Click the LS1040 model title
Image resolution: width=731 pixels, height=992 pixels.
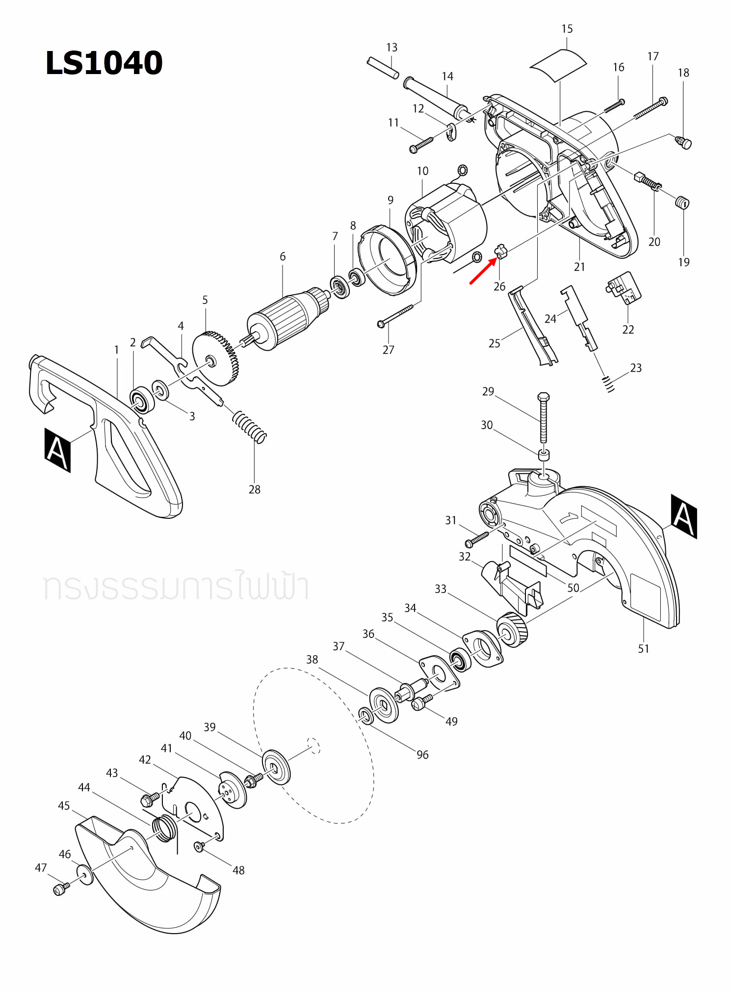(x=104, y=63)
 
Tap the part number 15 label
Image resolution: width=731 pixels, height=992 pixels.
(x=567, y=29)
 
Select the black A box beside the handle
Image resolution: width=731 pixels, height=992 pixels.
(x=57, y=450)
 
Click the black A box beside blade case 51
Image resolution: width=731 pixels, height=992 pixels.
(x=683, y=516)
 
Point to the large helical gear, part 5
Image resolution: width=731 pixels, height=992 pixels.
(x=216, y=358)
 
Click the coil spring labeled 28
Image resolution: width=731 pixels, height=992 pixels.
(x=250, y=427)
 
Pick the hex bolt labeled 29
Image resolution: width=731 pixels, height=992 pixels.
(x=543, y=417)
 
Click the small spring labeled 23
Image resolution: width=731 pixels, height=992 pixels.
(x=608, y=384)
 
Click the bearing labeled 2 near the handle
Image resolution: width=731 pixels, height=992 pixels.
(x=142, y=400)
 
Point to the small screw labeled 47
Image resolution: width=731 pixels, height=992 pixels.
(x=60, y=889)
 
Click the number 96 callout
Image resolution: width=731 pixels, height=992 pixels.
(x=422, y=755)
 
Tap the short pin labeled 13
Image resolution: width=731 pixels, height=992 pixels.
(x=383, y=68)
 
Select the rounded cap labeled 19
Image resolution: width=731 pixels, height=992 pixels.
(x=682, y=202)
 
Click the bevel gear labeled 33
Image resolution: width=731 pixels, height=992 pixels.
(x=512, y=630)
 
